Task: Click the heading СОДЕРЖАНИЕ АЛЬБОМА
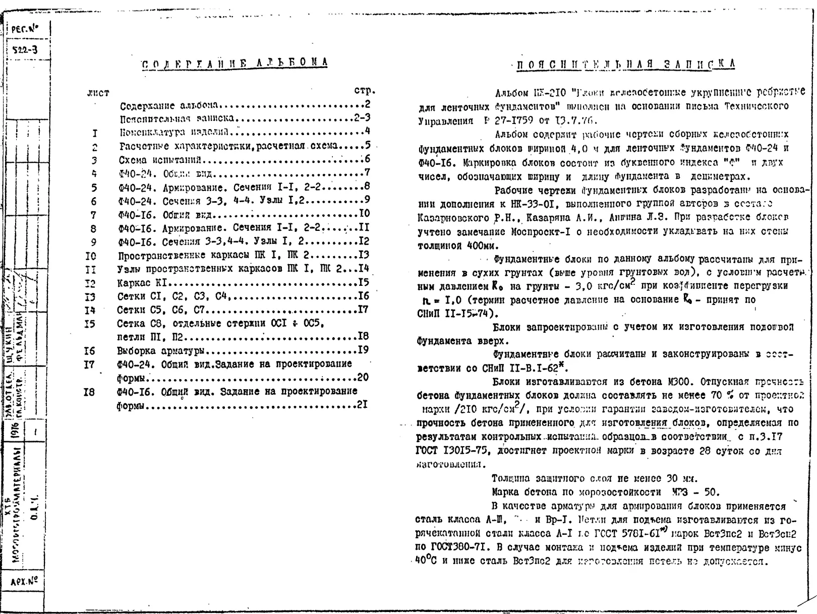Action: (235, 63)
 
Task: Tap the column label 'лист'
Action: (98, 93)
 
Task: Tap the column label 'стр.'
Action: (365, 91)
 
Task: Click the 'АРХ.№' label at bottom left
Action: (24, 582)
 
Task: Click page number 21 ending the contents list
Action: (362, 404)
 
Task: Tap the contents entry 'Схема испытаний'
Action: (160, 160)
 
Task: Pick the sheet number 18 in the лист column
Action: (89, 392)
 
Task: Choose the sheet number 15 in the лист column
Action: (90, 324)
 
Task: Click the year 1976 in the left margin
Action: (15, 432)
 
